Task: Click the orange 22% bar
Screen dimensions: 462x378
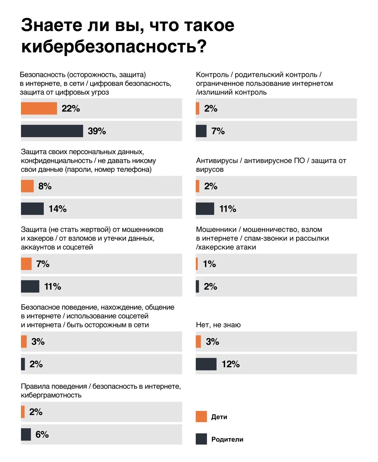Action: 39,109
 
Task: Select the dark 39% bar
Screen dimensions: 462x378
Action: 52,131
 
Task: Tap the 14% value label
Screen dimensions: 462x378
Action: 58,209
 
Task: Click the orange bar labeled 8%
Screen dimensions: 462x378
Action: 27,186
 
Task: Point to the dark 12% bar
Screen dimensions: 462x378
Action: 206,364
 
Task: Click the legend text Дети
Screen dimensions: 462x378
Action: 219,417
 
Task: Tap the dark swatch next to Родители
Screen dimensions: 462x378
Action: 201,439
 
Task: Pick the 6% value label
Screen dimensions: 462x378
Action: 42,435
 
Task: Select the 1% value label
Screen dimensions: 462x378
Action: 210,264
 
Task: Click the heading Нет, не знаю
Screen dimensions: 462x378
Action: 218,325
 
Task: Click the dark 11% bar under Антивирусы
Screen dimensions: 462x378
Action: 205,209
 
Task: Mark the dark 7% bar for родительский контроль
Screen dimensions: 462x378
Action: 201,131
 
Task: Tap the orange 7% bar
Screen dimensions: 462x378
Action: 26,264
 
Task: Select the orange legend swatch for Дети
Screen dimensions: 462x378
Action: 201,417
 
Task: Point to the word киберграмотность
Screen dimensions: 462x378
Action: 51,395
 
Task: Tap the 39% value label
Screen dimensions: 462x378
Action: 97,131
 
